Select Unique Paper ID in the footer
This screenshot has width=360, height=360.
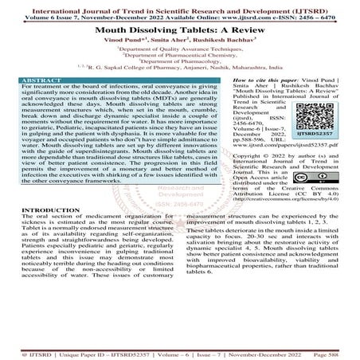pyautogui.click(x=80, y=350)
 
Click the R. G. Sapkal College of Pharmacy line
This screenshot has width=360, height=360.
pyautogui.click(x=179, y=70)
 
